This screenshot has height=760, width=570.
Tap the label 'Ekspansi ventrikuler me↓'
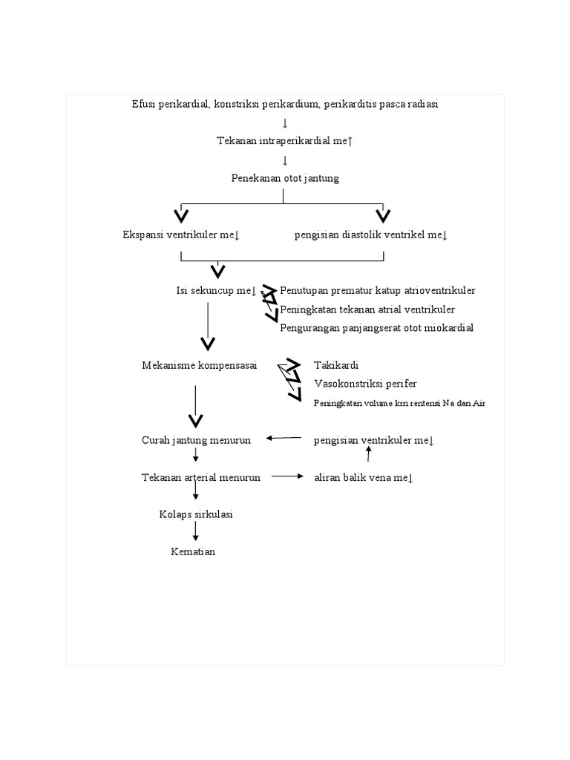pyautogui.click(x=181, y=235)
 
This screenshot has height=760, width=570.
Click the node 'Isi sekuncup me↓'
pyautogui.click(x=216, y=290)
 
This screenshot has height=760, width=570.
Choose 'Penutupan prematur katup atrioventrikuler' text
pyautogui.click(x=378, y=290)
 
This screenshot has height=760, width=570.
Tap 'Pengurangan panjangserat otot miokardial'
pyautogui.click(x=376, y=327)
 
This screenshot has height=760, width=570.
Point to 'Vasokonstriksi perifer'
pyautogui.click(x=365, y=384)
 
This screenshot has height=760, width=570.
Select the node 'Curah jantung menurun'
pyautogui.click(x=196, y=440)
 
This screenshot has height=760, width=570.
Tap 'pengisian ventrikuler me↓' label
pyautogui.click(x=374, y=440)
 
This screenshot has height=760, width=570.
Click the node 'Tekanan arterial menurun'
pyautogui.click(x=201, y=478)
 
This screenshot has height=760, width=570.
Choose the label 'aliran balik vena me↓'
pyautogui.click(x=364, y=478)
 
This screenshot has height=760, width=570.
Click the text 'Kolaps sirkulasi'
pyautogui.click(x=196, y=514)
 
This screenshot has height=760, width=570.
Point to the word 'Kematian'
pyautogui.click(x=193, y=551)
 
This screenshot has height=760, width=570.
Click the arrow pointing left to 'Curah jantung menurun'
pyautogui.click(x=284, y=439)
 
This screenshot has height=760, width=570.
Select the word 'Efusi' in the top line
pyautogui.click(x=143, y=104)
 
